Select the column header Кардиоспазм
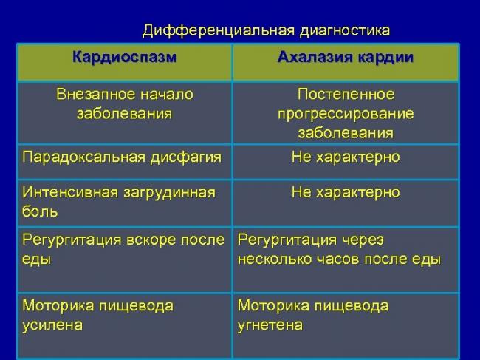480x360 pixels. (x=125, y=57)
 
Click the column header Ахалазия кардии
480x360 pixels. (x=346, y=57)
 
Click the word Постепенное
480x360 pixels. (x=346, y=95)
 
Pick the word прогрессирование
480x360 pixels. (x=346, y=114)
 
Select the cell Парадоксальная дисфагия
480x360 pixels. (x=122, y=157)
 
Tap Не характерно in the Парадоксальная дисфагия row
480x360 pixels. (x=346, y=157)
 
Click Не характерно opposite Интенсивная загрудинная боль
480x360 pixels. (x=346, y=193)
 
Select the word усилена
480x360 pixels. (x=52, y=325)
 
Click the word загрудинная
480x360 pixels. (x=169, y=193)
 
